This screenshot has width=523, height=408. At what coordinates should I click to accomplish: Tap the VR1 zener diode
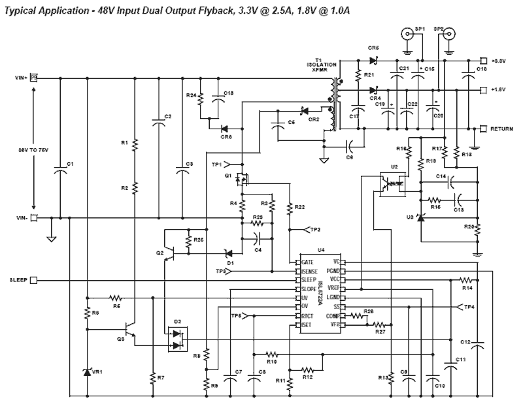[x=88, y=371]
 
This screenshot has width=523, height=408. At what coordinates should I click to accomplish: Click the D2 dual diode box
[x=177, y=339]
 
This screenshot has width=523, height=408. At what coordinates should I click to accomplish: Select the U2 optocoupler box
[x=390, y=183]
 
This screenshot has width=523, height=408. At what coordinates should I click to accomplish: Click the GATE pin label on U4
[x=310, y=261]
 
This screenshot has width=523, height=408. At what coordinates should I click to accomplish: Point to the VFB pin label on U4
[x=335, y=324]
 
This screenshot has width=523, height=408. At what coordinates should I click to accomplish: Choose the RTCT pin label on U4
[x=311, y=315]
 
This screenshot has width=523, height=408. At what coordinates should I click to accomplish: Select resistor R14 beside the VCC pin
[x=466, y=279]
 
